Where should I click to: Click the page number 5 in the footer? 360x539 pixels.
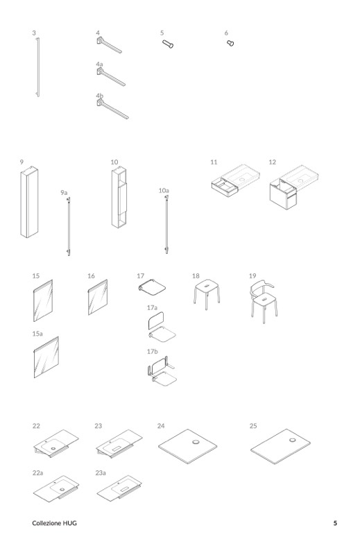pos(335,523)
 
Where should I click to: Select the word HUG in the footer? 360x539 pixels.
pos(70,523)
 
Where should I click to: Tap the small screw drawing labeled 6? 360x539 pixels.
pos(230,43)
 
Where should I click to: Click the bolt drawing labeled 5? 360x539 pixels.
pos(168,44)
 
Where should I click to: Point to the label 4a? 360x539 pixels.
pos(99,64)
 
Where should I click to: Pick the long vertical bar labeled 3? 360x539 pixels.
pos(38,67)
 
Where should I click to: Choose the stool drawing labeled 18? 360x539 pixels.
pos(207,293)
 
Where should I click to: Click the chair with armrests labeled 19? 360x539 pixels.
pos(263,302)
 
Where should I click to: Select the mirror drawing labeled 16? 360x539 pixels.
pos(98,298)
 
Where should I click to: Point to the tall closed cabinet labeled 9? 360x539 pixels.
pos(29,202)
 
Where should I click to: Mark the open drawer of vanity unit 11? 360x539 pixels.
pos(225,188)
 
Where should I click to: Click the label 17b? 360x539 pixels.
pos(153,351)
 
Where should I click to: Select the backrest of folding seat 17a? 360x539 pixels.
pos(156,320)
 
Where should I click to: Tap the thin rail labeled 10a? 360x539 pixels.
pos(166,225)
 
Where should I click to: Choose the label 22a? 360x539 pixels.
pos(38,472)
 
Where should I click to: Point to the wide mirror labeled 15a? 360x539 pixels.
pos(46,357)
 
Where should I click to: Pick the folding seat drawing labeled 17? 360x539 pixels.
pos(152,287)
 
